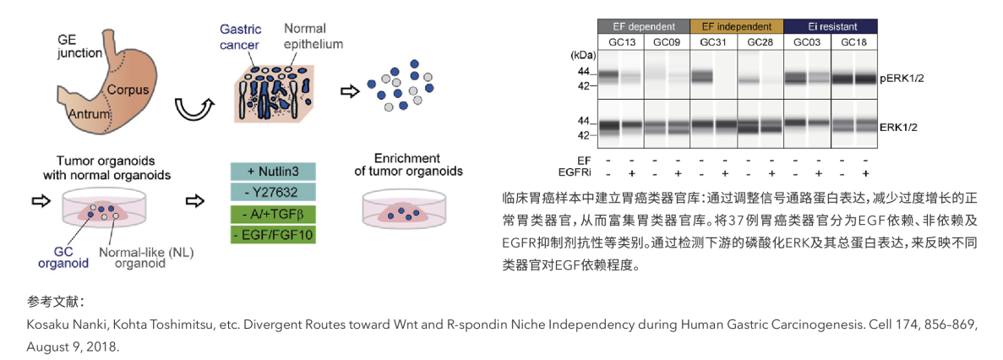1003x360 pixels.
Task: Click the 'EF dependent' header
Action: pos(644,26)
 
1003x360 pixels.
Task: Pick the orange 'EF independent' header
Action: pos(737,26)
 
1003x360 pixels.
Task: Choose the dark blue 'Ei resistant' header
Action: pos(830,26)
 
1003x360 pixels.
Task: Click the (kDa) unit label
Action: pos(583,55)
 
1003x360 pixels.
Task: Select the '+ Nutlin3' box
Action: pos(272,172)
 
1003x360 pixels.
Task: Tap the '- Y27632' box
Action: pos(272,193)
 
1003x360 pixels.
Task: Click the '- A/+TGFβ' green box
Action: pos(272,214)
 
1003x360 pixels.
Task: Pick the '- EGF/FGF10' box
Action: pos(272,235)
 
